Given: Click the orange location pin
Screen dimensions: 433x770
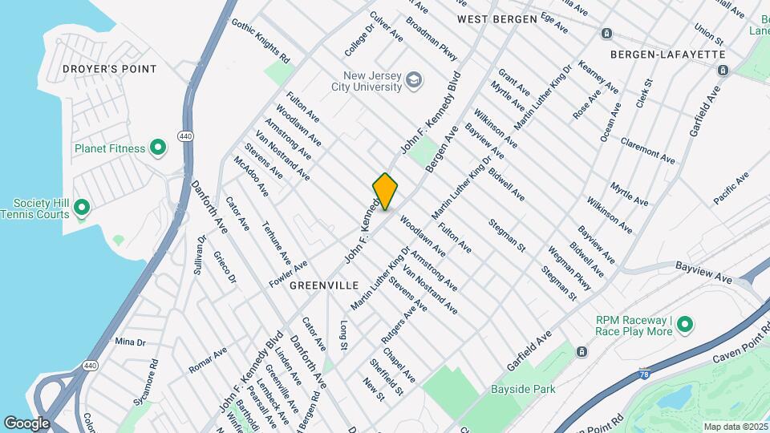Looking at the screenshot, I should tap(386, 192).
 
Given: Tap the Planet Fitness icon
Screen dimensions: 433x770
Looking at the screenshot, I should tap(158, 148).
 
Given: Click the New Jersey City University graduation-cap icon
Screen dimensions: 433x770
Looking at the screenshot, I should tap(413, 80).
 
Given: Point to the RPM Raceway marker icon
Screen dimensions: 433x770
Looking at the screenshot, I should tap(684, 325).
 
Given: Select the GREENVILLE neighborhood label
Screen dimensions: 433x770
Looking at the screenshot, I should tap(322, 285).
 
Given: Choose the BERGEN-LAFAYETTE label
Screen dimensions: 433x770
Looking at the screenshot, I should tap(667, 54).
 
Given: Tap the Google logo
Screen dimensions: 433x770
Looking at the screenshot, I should tap(26, 423).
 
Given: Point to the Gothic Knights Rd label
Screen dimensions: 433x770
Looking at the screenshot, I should tap(260, 38).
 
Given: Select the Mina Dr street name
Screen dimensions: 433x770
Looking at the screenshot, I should tap(129, 342).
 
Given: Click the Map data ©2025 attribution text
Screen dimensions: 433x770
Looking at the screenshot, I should tap(734, 427).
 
